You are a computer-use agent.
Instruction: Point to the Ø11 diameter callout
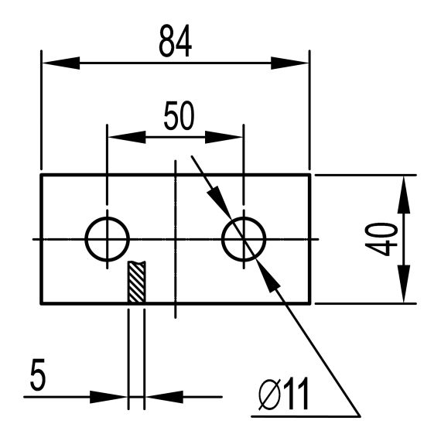(x=283, y=396)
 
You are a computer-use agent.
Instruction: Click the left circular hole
(x=107, y=240)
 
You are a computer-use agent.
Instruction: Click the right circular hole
(x=243, y=240)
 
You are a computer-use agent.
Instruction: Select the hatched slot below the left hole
(x=136, y=283)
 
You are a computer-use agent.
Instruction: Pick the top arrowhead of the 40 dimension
(x=403, y=190)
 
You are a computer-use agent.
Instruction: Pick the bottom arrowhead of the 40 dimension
(x=403, y=289)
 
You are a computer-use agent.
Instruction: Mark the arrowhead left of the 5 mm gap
(x=112, y=398)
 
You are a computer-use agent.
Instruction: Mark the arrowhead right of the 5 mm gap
(x=159, y=398)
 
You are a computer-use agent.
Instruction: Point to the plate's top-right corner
(x=309, y=175)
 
